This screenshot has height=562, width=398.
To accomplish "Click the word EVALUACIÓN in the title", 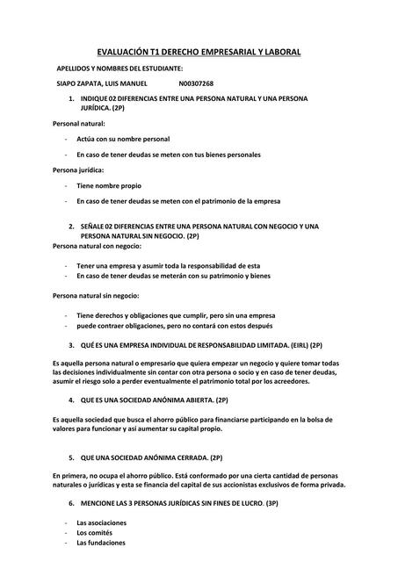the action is pyautogui.click(x=124, y=52).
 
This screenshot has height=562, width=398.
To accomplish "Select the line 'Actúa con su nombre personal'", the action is pyautogui.click(x=123, y=139).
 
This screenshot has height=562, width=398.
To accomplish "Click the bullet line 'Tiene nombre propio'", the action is pyautogui.click(x=108, y=185).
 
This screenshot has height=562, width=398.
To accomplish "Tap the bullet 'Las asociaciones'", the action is pyautogui.click(x=101, y=522).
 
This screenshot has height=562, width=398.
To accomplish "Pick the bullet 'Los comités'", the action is pyautogui.click(x=95, y=532).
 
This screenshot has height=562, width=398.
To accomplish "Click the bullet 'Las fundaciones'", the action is pyautogui.click(x=101, y=543).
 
